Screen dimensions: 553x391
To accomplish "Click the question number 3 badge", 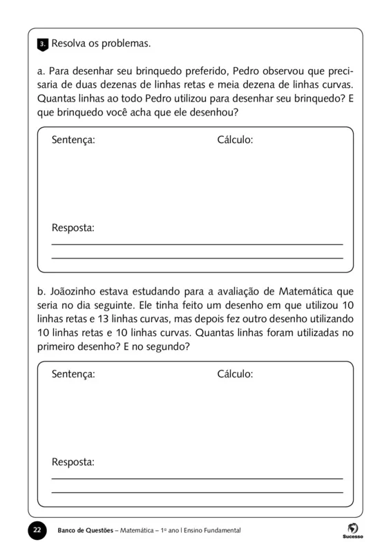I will (41, 44).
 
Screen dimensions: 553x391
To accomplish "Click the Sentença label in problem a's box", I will (73, 140).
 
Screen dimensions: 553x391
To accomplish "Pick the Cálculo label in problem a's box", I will (235, 140).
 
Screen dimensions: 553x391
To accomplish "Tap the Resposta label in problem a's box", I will (73, 227).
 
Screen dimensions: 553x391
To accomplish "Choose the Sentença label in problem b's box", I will (73, 374).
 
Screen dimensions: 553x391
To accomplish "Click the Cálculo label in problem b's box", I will (235, 374).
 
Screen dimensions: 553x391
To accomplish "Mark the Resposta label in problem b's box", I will (73, 462).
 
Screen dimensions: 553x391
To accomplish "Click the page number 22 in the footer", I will (37, 529).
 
